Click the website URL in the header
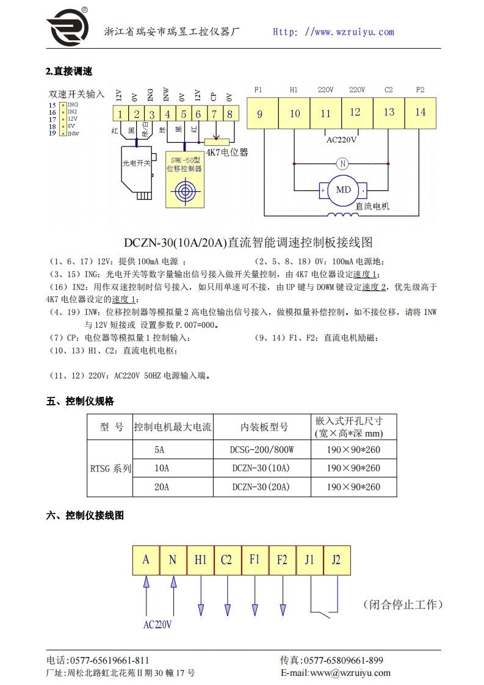(333, 32)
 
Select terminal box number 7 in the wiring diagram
(214, 114)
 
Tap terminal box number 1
(120, 114)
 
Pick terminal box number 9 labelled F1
(259, 113)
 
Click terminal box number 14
(421, 112)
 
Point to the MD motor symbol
(344, 190)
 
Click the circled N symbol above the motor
(342, 164)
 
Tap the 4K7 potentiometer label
(227, 153)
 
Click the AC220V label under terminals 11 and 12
(341, 139)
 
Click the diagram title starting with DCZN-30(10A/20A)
(248, 242)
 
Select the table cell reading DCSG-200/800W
(262, 450)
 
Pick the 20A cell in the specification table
(161, 487)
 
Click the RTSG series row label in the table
(110, 468)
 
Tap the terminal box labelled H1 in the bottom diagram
(200, 560)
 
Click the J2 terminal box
(336, 560)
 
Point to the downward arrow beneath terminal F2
(283, 609)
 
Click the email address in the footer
(335, 673)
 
